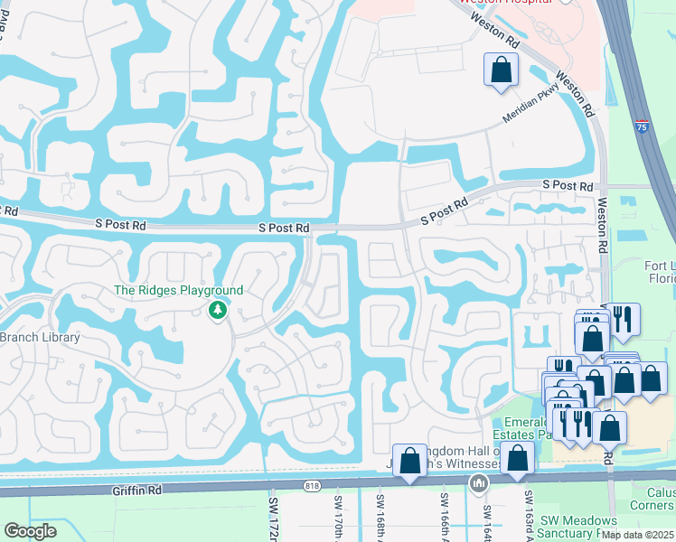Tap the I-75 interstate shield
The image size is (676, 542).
coord(642,126)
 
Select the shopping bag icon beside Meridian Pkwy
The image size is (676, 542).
coord(501,70)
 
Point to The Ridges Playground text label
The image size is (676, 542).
coord(178,290)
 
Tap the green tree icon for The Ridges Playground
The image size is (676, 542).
coord(217,311)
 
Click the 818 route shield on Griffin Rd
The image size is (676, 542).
coord(313,486)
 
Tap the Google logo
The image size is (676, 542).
coord(30,531)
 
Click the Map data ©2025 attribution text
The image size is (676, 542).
coord(637,534)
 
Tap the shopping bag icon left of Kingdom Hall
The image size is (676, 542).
coord(409,460)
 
